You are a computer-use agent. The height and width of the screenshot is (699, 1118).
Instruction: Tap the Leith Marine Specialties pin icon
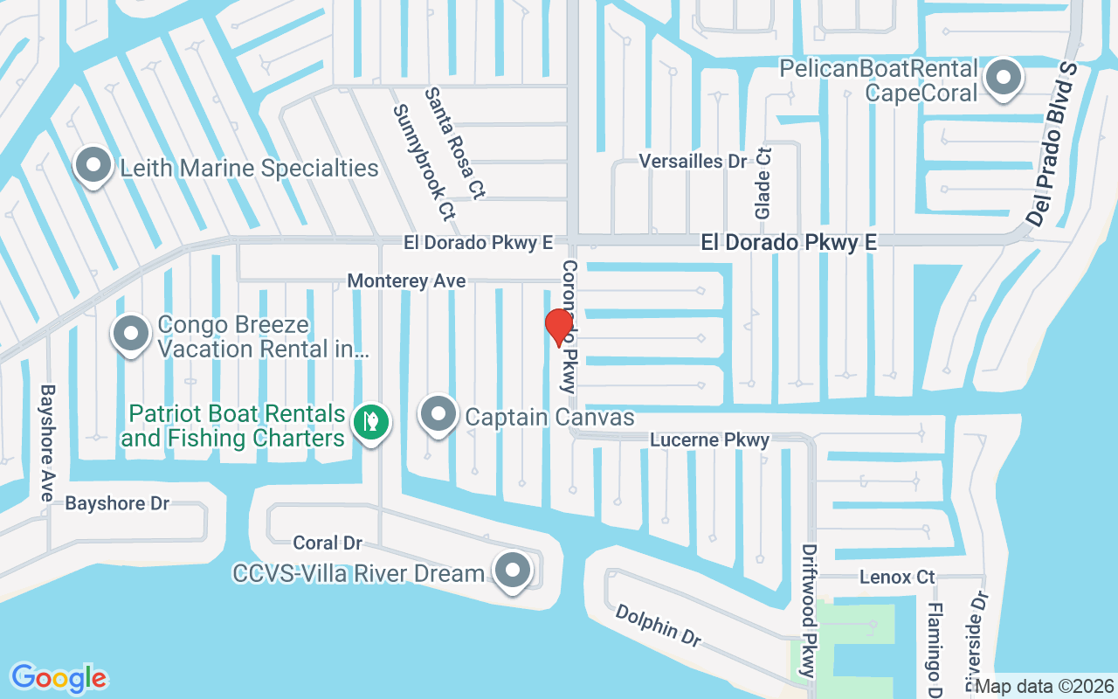(92, 166)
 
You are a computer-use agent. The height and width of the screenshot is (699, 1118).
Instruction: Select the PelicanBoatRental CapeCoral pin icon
(1004, 79)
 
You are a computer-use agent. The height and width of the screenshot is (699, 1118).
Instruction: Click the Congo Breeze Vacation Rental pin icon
(131, 334)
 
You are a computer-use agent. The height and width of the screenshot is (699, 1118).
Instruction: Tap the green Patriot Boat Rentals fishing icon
(371, 422)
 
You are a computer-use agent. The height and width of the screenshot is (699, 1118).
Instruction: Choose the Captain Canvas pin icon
(438, 415)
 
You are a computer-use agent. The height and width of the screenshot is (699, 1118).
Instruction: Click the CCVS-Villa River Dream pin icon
(513, 571)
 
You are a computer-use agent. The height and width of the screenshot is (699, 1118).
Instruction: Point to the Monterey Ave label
(406, 281)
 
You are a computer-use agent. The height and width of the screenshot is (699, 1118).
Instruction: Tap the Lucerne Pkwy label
(709, 440)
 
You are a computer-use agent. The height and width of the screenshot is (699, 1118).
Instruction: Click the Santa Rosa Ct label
(455, 143)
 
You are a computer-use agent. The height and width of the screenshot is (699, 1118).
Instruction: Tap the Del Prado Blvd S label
(1054, 145)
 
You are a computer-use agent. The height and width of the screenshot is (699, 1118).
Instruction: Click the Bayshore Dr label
(117, 504)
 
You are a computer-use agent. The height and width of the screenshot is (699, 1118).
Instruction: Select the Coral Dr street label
(328, 543)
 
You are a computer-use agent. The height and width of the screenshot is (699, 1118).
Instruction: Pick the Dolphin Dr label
(658, 626)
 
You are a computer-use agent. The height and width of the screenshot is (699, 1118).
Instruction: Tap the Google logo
(59, 678)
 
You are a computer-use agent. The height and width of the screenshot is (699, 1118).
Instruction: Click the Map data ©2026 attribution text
(1045, 686)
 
